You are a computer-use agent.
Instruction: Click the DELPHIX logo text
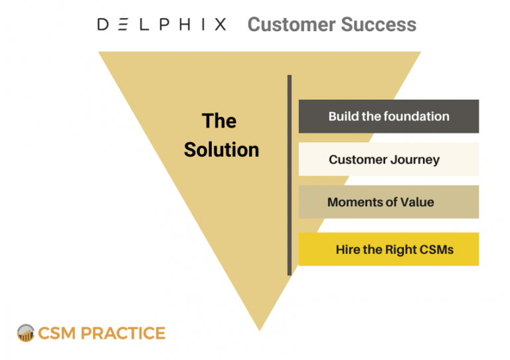pyautogui.click(x=161, y=25)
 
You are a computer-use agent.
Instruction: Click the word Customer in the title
pyautogui.click(x=287, y=25)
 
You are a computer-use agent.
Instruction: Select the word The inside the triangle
pyautogui.click(x=219, y=121)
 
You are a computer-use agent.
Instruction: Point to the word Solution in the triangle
pyautogui.click(x=222, y=149)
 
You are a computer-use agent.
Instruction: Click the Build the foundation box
pyautogui.click(x=388, y=116)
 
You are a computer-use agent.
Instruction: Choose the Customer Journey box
pyautogui.click(x=388, y=159)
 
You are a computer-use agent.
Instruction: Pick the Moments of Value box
pyautogui.click(x=388, y=202)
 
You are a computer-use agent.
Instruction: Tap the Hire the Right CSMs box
pyautogui.click(x=388, y=249)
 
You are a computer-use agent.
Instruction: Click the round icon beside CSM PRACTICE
pyautogui.click(x=26, y=333)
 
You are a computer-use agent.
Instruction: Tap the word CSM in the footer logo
pyautogui.click(x=57, y=333)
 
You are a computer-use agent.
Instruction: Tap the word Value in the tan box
pyautogui.click(x=417, y=202)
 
